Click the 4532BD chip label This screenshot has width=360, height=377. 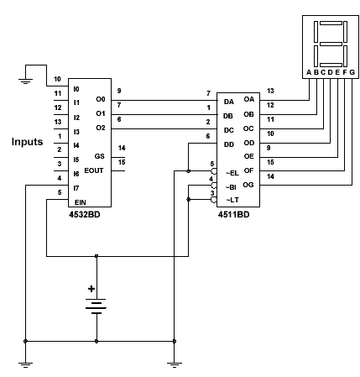pyautogui.click(x=85, y=215)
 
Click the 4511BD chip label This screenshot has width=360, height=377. pyautogui.click(x=233, y=215)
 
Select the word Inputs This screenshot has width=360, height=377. pyautogui.click(x=27, y=142)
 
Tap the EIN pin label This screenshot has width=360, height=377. pyautogui.click(x=81, y=202)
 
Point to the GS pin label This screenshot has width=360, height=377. pyautogui.click(x=100, y=156)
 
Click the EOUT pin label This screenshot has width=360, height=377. pyautogui.click(x=94, y=170)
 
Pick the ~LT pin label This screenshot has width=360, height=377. pyautogui.click(x=232, y=200)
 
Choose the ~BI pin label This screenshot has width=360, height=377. pyautogui.click(x=231, y=187)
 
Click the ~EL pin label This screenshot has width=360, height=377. pyautogui.click(x=232, y=173)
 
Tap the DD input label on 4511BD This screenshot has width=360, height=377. pyautogui.click(x=229, y=144)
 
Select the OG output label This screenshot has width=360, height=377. pyautogui.click(x=248, y=185)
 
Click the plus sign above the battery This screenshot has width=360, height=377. pyautogui.click(x=91, y=289)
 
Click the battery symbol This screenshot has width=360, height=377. pyautogui.click(x=97, y=306)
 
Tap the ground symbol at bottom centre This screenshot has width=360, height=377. pyautogui.click(x=175, y=365)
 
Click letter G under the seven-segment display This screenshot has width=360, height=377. pyautogui.click(x=352, y=72)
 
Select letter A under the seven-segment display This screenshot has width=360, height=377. pyautogui.click(x=309, y=72)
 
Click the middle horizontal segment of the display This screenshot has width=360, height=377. pyautogui.click(x=331, y=44)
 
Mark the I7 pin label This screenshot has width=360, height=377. pyautogui.click(x=76, y=188)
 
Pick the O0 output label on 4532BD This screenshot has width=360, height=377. pyautogui.click(x=101, y=99)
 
